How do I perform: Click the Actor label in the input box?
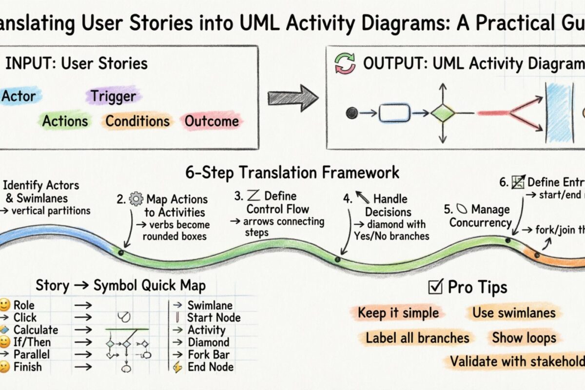[19, 97]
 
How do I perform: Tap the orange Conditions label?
[137, 121]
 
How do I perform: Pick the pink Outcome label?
[212, 121]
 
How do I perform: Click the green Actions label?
[65, 121]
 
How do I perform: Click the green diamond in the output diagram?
[443, 113]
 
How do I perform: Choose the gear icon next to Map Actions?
[136, 199]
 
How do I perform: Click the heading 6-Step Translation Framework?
[292, 172]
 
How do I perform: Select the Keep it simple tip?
[398, 312]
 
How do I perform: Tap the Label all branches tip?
[417, 338]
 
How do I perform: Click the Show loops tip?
[524, 337]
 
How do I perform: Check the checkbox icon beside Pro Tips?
[434, 287]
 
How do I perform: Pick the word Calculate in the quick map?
[36, 330]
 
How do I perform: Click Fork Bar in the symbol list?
[209, 354]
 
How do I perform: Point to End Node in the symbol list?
[211, 367]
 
